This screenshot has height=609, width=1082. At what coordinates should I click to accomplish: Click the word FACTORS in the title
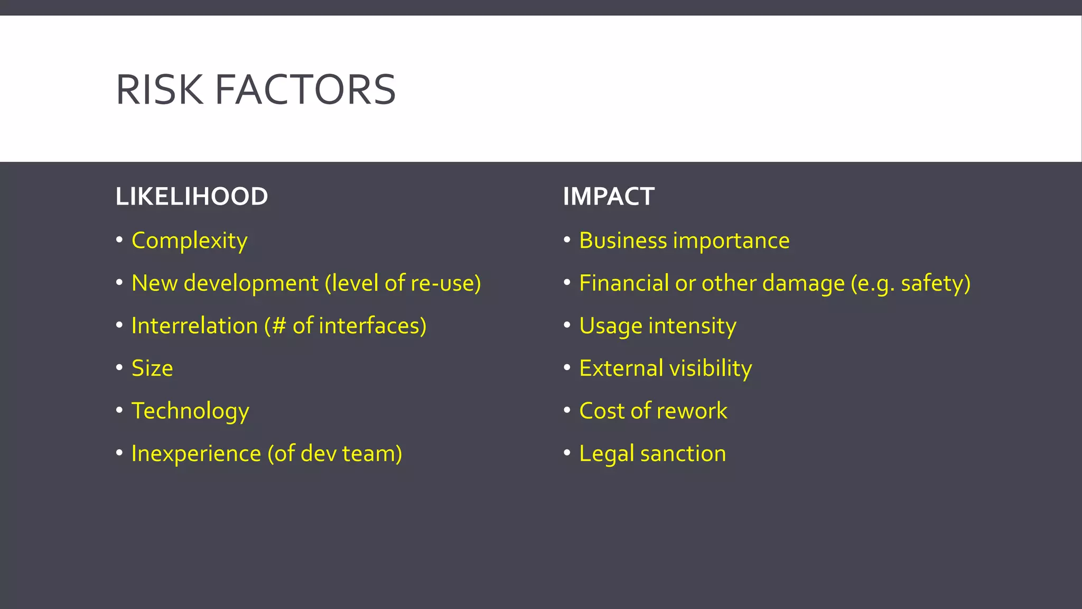(x=305, y=90)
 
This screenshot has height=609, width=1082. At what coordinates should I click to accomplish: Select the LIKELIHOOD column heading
(x=192, y=197)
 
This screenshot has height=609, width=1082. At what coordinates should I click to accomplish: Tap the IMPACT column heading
(x=609, y=197)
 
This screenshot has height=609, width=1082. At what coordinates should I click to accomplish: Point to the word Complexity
(x=189, y=241)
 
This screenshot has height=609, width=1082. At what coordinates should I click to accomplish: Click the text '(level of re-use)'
(x=403, y=283)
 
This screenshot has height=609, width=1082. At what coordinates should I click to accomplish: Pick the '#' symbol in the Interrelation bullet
(x=279, y=326)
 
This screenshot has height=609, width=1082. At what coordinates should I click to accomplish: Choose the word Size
(x=152, y=368)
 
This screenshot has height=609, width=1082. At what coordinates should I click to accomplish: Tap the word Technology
(x=190, y=411)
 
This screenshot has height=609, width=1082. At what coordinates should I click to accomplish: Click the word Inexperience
(x=196, y=454)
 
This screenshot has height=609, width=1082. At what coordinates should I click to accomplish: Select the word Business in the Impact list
(x=623, y=241)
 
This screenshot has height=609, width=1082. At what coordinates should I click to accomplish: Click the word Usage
(x=610, y=326)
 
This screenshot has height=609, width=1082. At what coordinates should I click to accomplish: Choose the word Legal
(x=606, y=454)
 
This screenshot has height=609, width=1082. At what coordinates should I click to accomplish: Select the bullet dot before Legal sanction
(x=567, y=453)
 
